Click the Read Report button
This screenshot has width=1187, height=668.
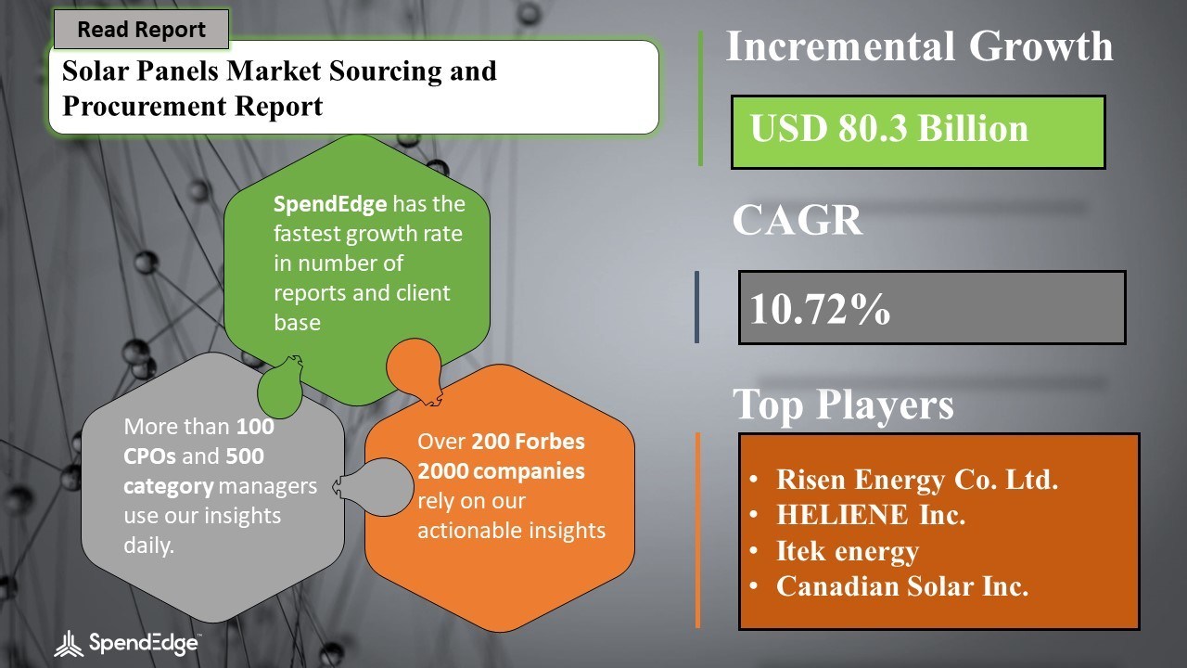click(142, 29)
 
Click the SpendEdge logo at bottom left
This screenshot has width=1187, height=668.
click(127, 643)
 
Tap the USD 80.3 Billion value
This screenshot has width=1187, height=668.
click(888, 129)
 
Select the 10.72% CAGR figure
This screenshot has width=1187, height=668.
click(820, 308)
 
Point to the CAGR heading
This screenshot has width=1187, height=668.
click(797, 220)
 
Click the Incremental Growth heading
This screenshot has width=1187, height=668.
click(919, 46)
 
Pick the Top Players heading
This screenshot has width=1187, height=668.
click(843, 404)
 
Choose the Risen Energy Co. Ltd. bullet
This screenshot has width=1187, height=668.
click(917, 480)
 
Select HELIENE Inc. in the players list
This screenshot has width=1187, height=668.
click(871, 514)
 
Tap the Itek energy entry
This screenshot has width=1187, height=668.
click(848, 551)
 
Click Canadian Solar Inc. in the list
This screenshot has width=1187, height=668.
click(902, 585)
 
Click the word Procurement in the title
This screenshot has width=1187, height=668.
click(144, 106)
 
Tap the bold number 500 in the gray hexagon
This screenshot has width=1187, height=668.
click(245, 456)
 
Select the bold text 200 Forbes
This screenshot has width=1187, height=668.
click(528, 441)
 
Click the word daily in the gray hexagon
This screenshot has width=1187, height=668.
click(149, 546)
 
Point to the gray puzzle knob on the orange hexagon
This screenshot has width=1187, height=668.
click(374, 487)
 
